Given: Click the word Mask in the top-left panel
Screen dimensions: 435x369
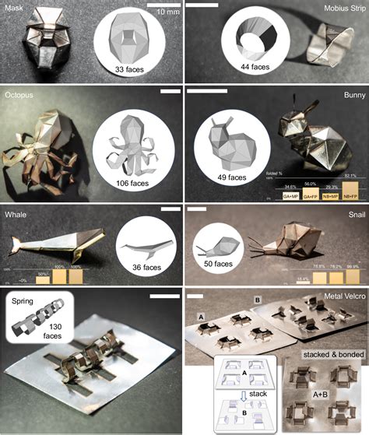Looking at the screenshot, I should pos(16,7).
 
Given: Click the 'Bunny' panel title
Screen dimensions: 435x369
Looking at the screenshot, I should pos(350,93).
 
